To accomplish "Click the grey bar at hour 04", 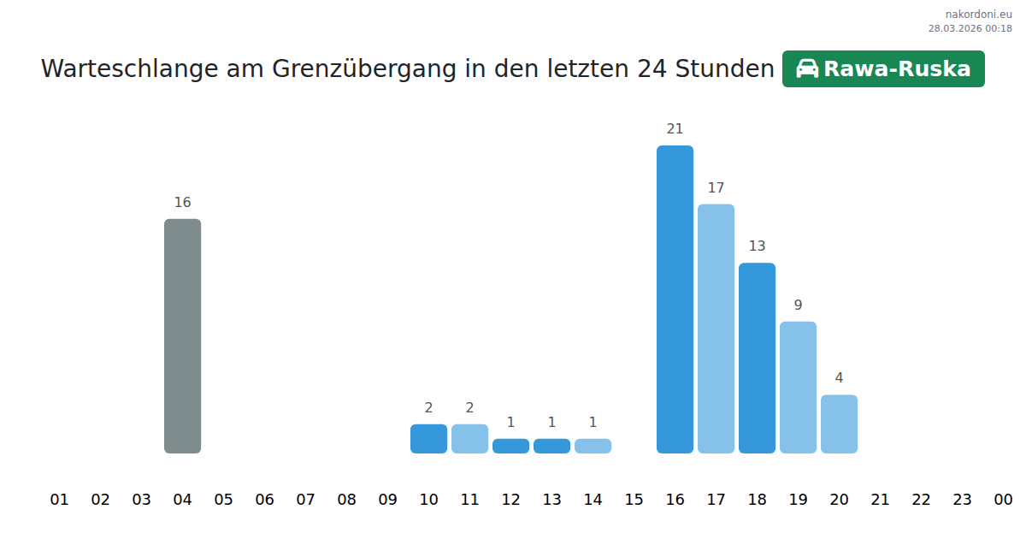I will [182, 335].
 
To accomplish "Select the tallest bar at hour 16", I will [675, 299].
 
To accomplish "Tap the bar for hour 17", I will [716, 328].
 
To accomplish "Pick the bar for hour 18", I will [757, 358].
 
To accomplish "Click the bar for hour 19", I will [798, 387].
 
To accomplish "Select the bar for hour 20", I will [839, 424].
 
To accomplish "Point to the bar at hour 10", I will [428, 438].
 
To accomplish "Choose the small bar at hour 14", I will [593, 446].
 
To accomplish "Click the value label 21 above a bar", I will [675, 129].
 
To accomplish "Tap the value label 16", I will [182, 203].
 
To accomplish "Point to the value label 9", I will [798, 305].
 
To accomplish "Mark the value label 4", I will [839, 378].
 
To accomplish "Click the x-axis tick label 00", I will [1003, 500].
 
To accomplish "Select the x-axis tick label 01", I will [59, 500].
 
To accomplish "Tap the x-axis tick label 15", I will [634, 500].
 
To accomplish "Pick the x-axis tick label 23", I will [962, 500].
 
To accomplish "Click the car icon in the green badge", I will [807, 68].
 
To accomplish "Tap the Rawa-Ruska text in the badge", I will [897, 68].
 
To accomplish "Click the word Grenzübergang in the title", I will [364, 68].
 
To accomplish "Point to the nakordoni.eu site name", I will [978, 14].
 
